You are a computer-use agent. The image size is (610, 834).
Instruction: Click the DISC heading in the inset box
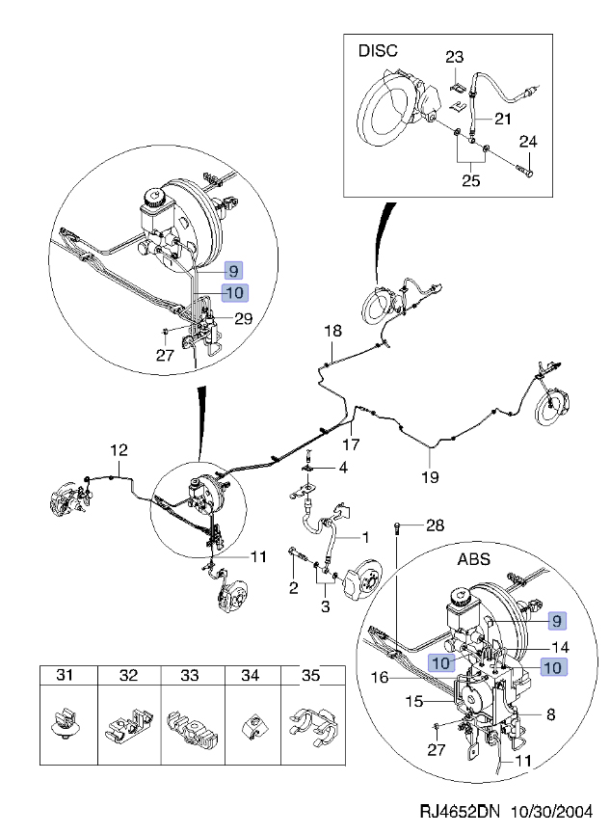378,49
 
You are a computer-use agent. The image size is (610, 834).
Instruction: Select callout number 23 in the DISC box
455,58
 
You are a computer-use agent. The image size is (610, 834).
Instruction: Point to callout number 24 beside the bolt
527,143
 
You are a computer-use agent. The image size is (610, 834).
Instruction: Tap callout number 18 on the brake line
332,331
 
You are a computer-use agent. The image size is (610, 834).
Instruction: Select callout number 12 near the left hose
118,449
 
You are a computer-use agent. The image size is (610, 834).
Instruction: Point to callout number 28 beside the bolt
435,525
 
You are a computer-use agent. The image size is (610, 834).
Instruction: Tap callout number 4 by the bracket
343,468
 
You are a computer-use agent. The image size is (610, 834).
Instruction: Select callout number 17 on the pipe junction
351,444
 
